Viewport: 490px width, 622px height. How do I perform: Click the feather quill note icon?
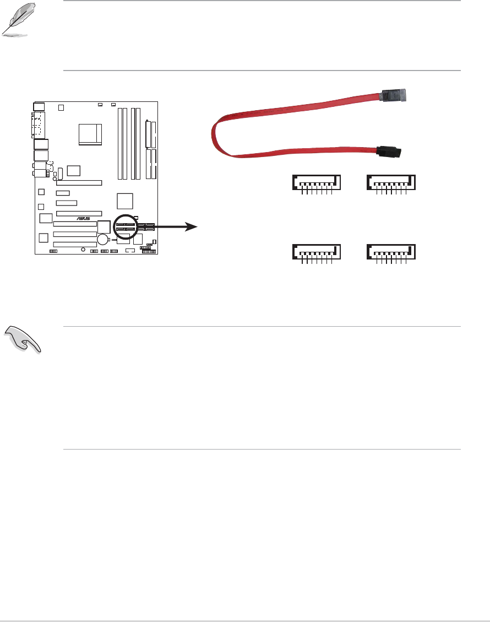coord(14,23)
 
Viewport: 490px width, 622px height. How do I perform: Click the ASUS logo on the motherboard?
coord(84,218)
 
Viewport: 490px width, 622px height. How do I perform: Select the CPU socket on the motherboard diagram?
coord(90,134)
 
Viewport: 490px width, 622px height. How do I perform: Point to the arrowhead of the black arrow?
coord(192,226)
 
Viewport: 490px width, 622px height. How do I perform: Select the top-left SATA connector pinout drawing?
coord(316,183)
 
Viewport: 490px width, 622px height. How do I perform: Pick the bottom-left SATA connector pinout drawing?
coord(316,252)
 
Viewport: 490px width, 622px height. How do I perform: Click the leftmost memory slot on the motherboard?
coord(119,143)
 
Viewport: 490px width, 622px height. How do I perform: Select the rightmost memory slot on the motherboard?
coord(139,143)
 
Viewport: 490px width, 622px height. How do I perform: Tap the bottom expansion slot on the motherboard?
coord(75,243)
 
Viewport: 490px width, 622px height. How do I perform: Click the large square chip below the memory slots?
coord(126,201)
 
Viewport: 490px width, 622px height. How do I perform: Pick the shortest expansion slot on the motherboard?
coord(63,193)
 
